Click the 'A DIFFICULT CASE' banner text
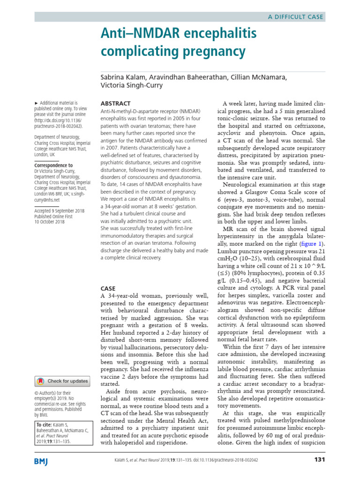point(295,17)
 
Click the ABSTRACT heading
point(116,103)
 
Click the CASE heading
point(108,288)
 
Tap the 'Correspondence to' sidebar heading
point(54,165)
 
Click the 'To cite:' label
point(45,425)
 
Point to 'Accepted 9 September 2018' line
point(60,211)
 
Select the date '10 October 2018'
point(50,222)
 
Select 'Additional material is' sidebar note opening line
point(58,103)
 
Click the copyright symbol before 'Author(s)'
point(37,393)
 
